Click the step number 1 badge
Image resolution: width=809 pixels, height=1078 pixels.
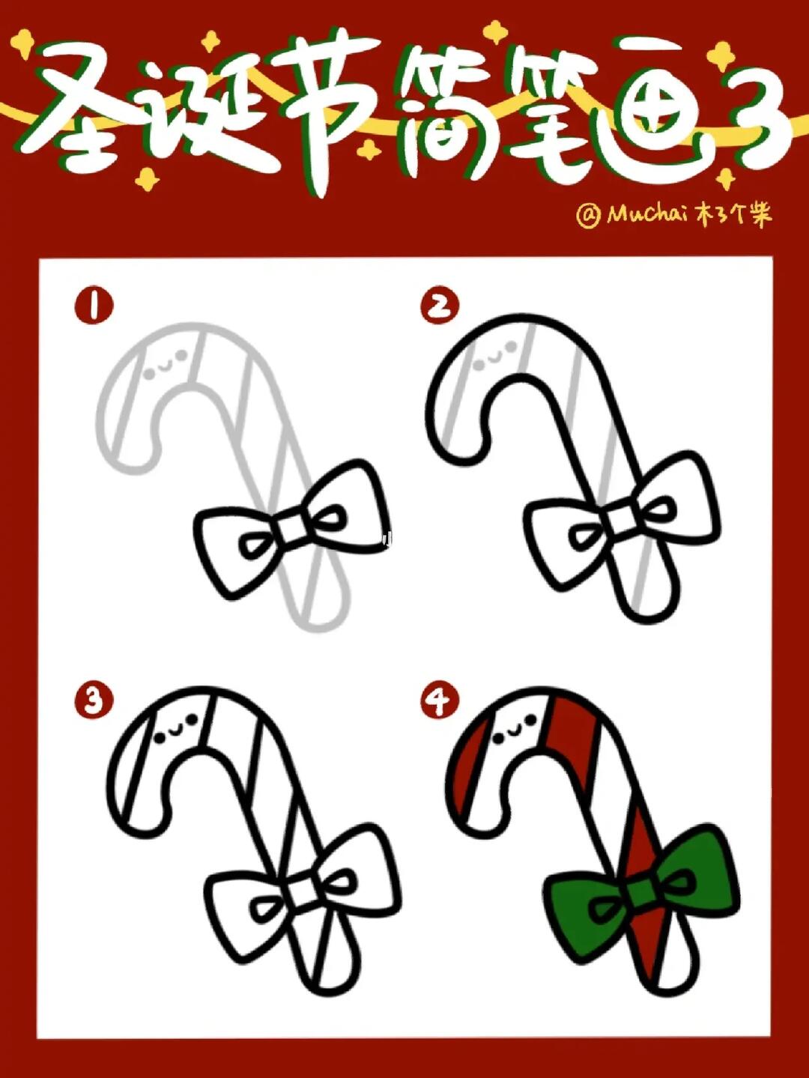[94, 306]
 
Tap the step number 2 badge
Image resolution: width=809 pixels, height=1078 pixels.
[440, 306]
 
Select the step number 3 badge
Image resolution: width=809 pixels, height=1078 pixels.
[94, 701]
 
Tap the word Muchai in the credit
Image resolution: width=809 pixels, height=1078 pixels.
[647, 214]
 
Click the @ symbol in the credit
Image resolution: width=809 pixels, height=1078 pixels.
[588, 216]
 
